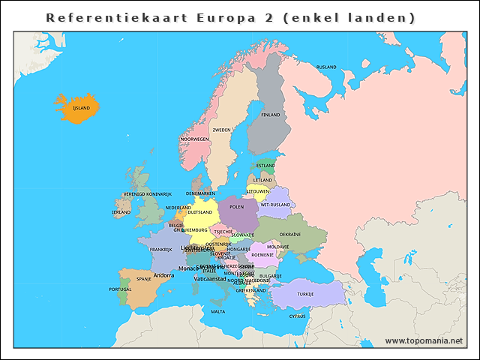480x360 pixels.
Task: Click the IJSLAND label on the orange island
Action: tap(81, 108)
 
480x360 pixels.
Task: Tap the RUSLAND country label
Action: tap(326, 67)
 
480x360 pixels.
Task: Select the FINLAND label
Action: tap(270, 115)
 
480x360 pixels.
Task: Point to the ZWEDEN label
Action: tap(222, 130)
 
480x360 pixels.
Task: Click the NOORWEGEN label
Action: tap(195, 139)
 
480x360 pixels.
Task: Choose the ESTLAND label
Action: tap(265, 165)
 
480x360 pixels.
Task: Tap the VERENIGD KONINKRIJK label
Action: tap(148, 193)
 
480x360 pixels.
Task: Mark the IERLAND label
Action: tap(121, 212)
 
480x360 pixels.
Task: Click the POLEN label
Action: tap(237, 206)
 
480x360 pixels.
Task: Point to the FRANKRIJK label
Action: tap(160, 250)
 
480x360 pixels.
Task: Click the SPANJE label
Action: tap(143, 278)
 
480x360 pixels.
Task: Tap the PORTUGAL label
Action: tap(120, 289)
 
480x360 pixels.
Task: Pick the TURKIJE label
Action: tap(305, 294)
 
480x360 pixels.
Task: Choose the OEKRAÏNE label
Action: tap(290, 234)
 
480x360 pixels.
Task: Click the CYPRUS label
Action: tap(298, 316)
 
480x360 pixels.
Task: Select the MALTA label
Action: tap(217, 311)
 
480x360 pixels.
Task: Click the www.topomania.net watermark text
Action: tap(424, 340)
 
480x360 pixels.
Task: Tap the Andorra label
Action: tap(163, 275)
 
